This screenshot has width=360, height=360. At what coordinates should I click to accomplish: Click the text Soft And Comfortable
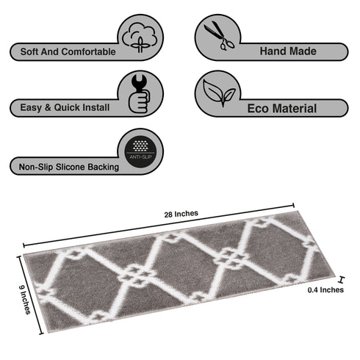[63, 52]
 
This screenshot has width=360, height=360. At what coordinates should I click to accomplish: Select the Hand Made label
[289, 51]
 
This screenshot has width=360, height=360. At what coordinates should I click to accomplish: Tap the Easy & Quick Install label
[61, 107]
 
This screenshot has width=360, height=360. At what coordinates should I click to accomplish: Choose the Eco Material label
[282, 109]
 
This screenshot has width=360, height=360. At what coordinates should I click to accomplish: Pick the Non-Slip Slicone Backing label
[65, 168]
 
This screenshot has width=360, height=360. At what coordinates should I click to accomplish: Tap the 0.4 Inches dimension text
[325, 289]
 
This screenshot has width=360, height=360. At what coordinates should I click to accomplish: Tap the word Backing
[103, 168]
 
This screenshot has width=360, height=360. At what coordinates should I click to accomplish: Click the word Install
[96, 107]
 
